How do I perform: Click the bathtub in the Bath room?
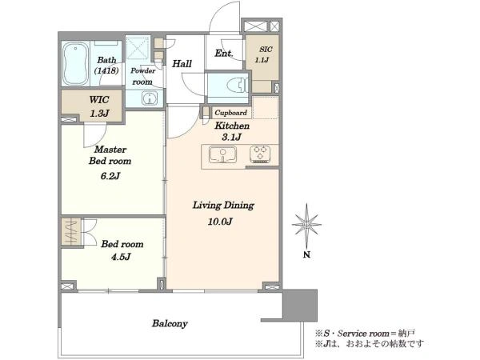click(x=76, y=63)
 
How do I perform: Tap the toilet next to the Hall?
click(x=238, y=85)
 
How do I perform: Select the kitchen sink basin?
click(x=223, y=154)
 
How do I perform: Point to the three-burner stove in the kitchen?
click(x=260, y=154)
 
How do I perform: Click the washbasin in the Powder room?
click(x=150, y=98)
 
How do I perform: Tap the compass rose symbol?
click(x=306, y=225)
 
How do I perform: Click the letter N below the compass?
click(x=306, y=254)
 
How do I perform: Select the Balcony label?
click(x=170, y=323)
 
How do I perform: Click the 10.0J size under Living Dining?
click(x=220, y=222)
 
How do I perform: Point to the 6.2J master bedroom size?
click(x=110, y=176)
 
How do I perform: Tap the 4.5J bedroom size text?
click(x=121, y=257)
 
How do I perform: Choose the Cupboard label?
click(x=231, y=113)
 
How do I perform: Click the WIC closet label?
click(x=99, y=100)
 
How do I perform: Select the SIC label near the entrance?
click(x=266, y=50)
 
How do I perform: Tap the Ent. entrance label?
click(x=224, y=54)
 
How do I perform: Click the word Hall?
click(x=182, y=64)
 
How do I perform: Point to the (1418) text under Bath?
click(x=106, y=70)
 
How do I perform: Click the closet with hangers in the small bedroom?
click(x=72, y=231)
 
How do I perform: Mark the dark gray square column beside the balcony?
click(x=300, y=305)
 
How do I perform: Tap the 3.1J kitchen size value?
click(x=232, y=137)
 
